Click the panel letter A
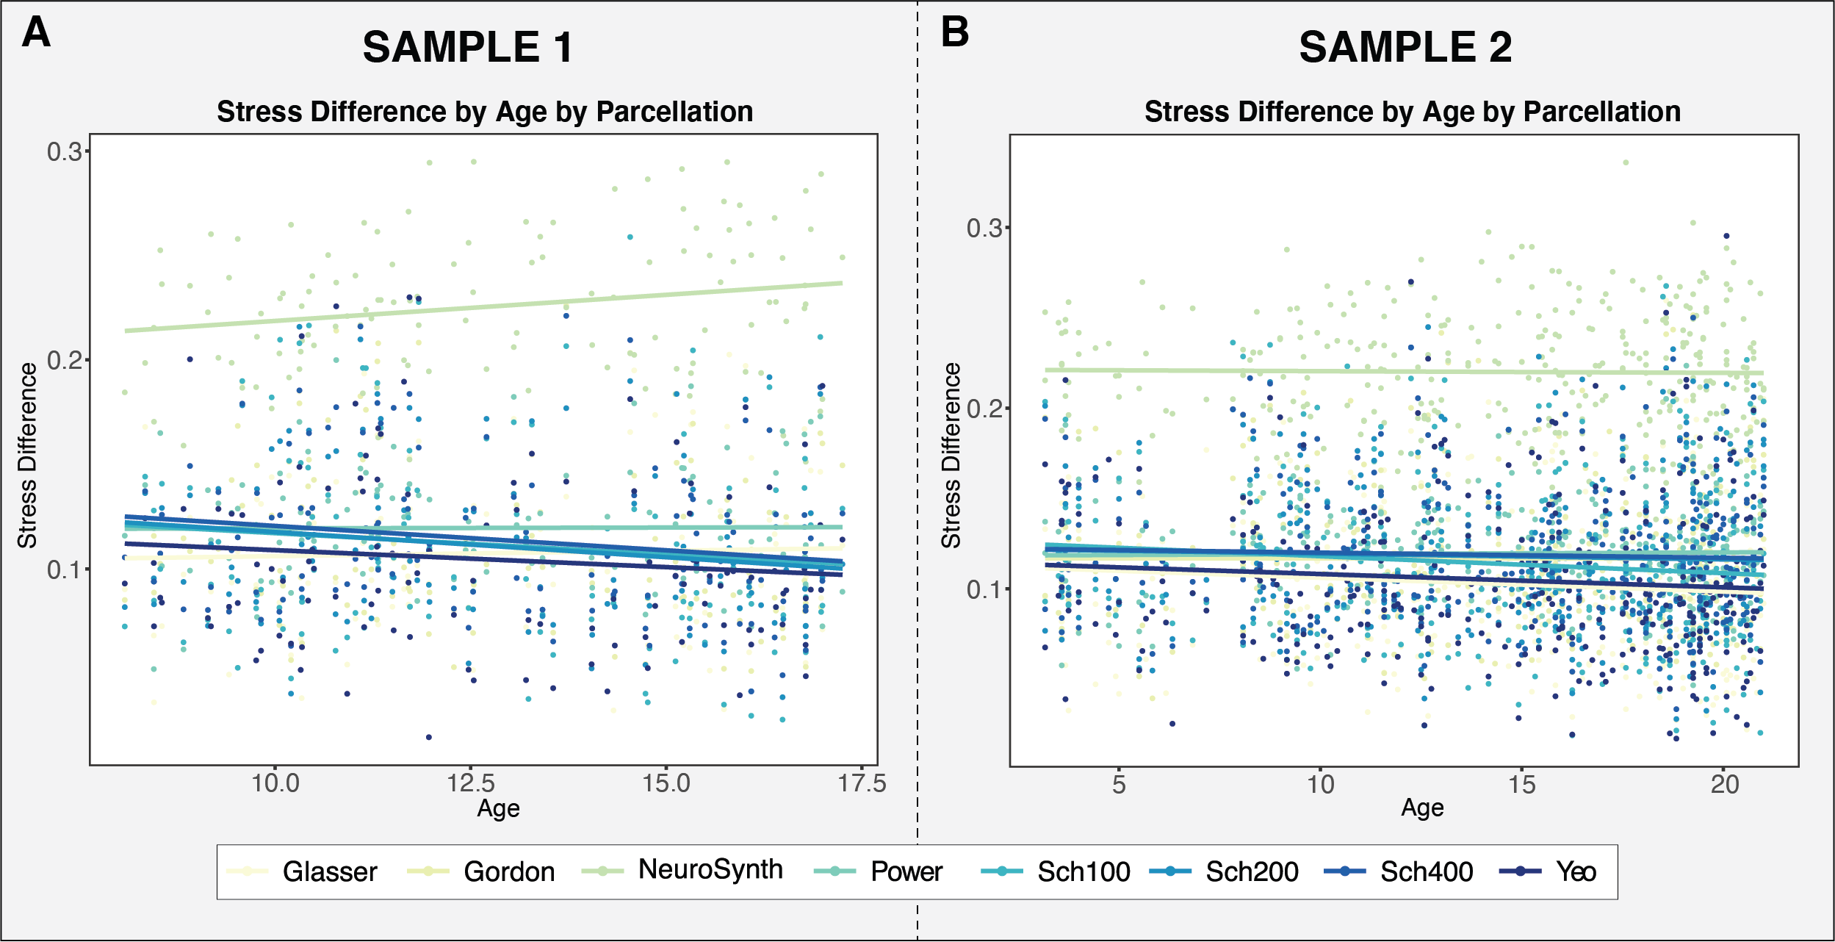coord(36,33)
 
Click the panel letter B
coord(955,33)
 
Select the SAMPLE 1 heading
coord(468,48)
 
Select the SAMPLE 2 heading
coord(1405,48)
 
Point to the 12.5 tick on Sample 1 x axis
coord(471,783)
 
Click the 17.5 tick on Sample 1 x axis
coord(862,783)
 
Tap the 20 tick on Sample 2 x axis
coord(1725,785)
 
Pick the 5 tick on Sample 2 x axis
coord(1118,785)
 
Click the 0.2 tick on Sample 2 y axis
coord(984,409)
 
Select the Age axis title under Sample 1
coord(498,809)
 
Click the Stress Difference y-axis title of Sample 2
coord(951,456)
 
